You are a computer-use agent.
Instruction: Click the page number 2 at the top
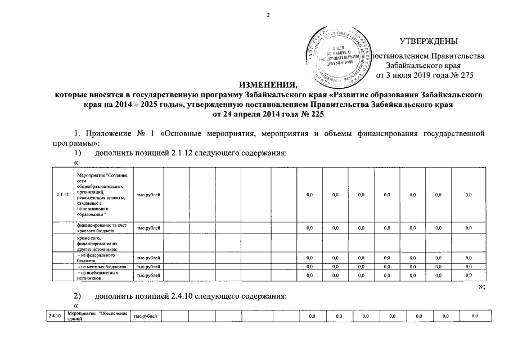[268, 15]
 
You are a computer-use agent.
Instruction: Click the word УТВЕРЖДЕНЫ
[429, 41]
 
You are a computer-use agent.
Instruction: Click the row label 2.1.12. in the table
[63, 195]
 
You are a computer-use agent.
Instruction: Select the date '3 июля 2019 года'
[413, 74]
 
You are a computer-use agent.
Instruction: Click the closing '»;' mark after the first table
[481, 286]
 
